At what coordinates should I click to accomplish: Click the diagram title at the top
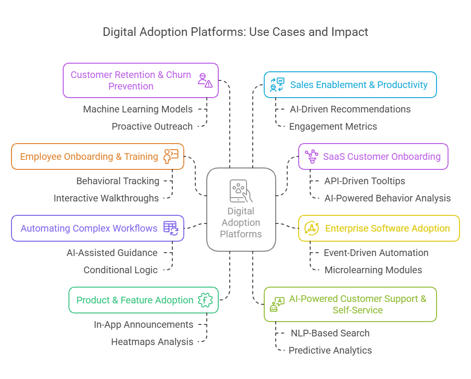coord(235,32)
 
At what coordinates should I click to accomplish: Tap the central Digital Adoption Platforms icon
coord(241,191)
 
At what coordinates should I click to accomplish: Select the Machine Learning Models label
coord(138,109)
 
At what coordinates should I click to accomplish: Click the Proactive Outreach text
coord(152,126)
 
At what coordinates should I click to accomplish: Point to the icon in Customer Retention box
coord(205,80)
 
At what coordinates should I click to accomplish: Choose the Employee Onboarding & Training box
coord(97,156)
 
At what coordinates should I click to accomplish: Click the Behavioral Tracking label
coord(118,181)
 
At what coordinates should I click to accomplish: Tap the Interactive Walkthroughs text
coord(106,198)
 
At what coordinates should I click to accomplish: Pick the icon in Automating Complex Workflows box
coord(171,228)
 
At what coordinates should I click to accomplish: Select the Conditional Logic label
coord(121,270)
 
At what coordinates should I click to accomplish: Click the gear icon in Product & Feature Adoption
coord(205,300)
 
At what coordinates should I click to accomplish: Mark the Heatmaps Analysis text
coord(152,342)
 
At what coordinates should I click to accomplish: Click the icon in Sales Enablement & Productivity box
coord(277,85)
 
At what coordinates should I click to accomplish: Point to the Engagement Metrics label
coord(333,126)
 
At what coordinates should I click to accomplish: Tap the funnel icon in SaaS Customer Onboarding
coord(312,156)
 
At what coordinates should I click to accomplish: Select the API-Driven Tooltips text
coord(365,181)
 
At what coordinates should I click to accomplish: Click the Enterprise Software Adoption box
coord(379,228)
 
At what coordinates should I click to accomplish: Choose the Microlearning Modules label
coord(373,270)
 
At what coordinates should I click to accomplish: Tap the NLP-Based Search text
coord(330,333)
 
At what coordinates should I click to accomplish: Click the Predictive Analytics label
coord(330,350)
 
